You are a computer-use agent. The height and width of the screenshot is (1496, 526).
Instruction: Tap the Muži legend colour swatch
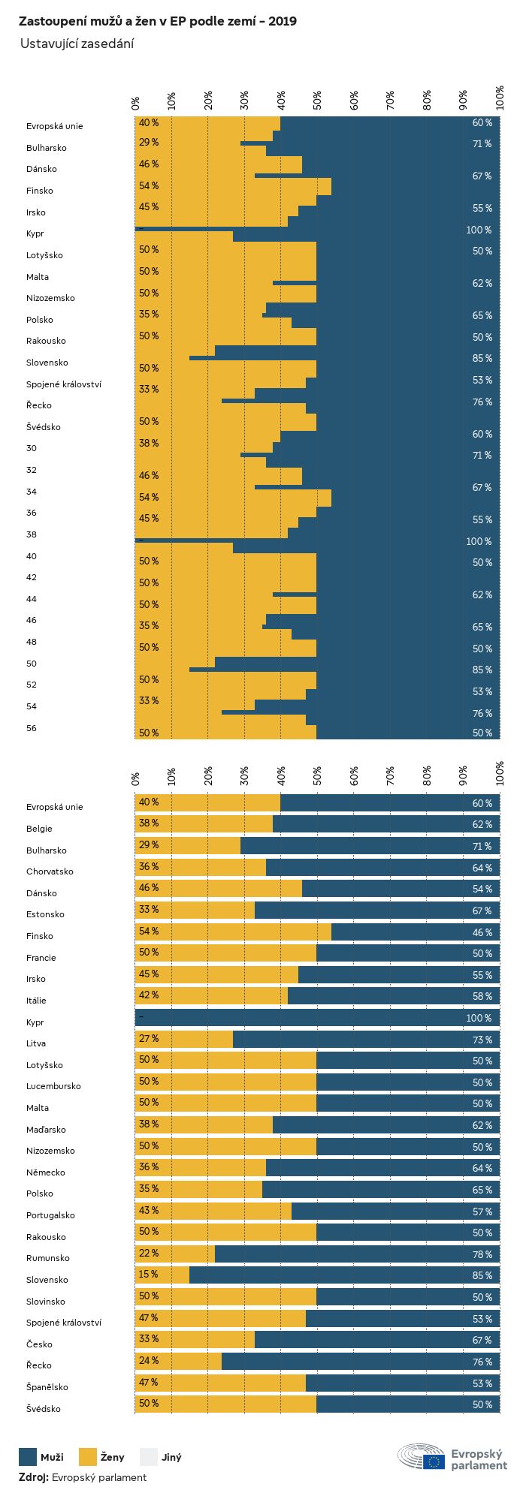[x=28, y=1457]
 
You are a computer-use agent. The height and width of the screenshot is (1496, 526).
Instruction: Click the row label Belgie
[x=39, y=829]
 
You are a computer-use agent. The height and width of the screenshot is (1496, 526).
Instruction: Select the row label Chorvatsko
[x=50, y=871]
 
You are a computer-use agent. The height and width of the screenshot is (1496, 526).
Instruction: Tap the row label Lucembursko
[x=53, y=1086]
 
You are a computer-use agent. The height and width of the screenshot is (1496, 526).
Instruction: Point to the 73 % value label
[x=482, y=1040]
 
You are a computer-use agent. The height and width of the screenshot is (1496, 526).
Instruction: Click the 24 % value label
[x=149, y=1361]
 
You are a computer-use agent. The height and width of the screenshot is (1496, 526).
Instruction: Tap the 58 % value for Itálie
[x=482, y=997]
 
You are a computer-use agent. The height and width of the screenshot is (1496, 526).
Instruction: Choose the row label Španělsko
[x=47, y=1387]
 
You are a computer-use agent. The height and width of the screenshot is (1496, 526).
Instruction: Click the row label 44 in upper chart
[x=32, y=599]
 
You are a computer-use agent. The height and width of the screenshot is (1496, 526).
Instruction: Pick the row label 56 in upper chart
[x=32, y=728]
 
